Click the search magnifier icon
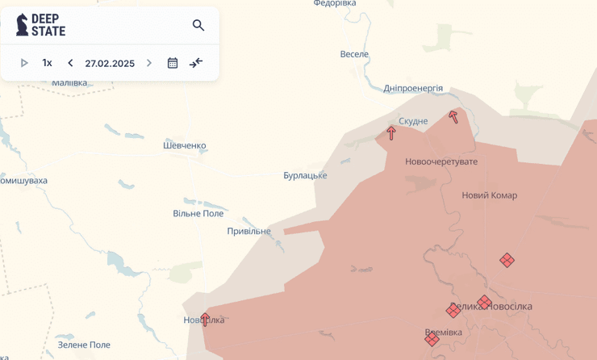(198, 25)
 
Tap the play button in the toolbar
(24, 63)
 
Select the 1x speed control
(48, 63)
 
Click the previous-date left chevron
(70, 63)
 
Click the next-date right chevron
(149, 63)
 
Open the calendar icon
(173, 63)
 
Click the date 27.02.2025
(110, 63)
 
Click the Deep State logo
(41, 25)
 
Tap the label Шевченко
(185, 145)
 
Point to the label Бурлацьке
(305, 175)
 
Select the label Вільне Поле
(198, 213)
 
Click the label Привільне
(248, 231)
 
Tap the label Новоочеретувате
(441, 161)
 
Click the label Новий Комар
(490, 195)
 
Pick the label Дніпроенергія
(413, 88)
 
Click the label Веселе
(354, 54)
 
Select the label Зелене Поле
(84, 345)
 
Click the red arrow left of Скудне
(391, 133)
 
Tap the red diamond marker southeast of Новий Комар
(507, 260)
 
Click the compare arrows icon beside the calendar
(196, 63)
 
